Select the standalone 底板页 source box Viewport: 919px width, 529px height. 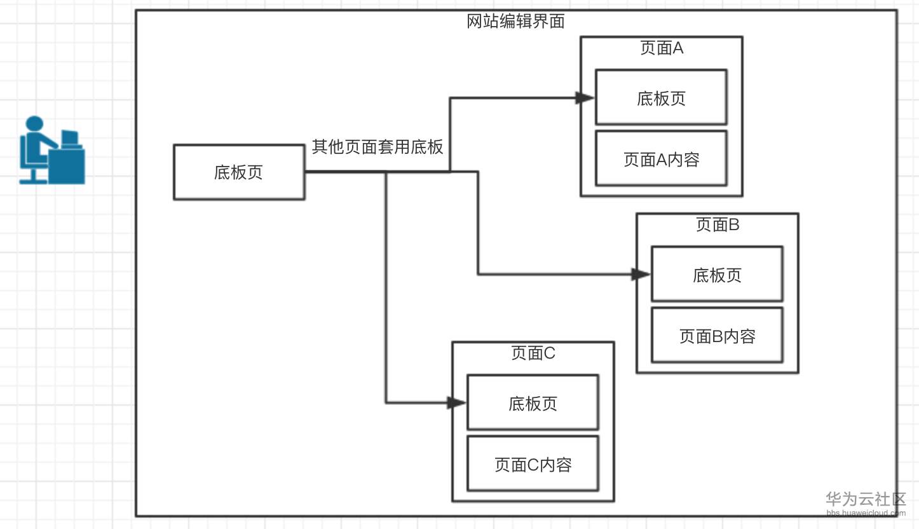point(239,172)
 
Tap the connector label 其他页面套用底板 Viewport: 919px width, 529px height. point(378,148)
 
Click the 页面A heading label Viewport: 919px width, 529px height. point(662,48)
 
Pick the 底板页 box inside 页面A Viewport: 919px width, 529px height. point(661,97)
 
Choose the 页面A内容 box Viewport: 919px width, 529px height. point(661,159)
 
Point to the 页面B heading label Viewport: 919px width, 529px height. point(718,225)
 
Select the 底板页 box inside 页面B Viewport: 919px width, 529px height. point(717,274)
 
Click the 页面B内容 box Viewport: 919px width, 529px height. point(717,336)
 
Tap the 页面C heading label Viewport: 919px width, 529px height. point(533,354)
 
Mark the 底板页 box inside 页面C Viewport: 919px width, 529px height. point(533,402)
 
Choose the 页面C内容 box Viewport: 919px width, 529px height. point(533,464)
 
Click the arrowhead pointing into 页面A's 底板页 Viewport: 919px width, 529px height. point(585,98)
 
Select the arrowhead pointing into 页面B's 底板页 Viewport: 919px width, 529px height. point(641,275)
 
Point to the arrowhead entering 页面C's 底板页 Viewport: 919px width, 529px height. point(456,403)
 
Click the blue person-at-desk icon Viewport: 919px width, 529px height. point(51,151)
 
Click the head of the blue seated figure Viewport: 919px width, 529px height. point(34,124)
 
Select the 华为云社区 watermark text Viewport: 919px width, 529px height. point(866,499)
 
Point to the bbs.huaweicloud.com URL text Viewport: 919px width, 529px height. point(866,512)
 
